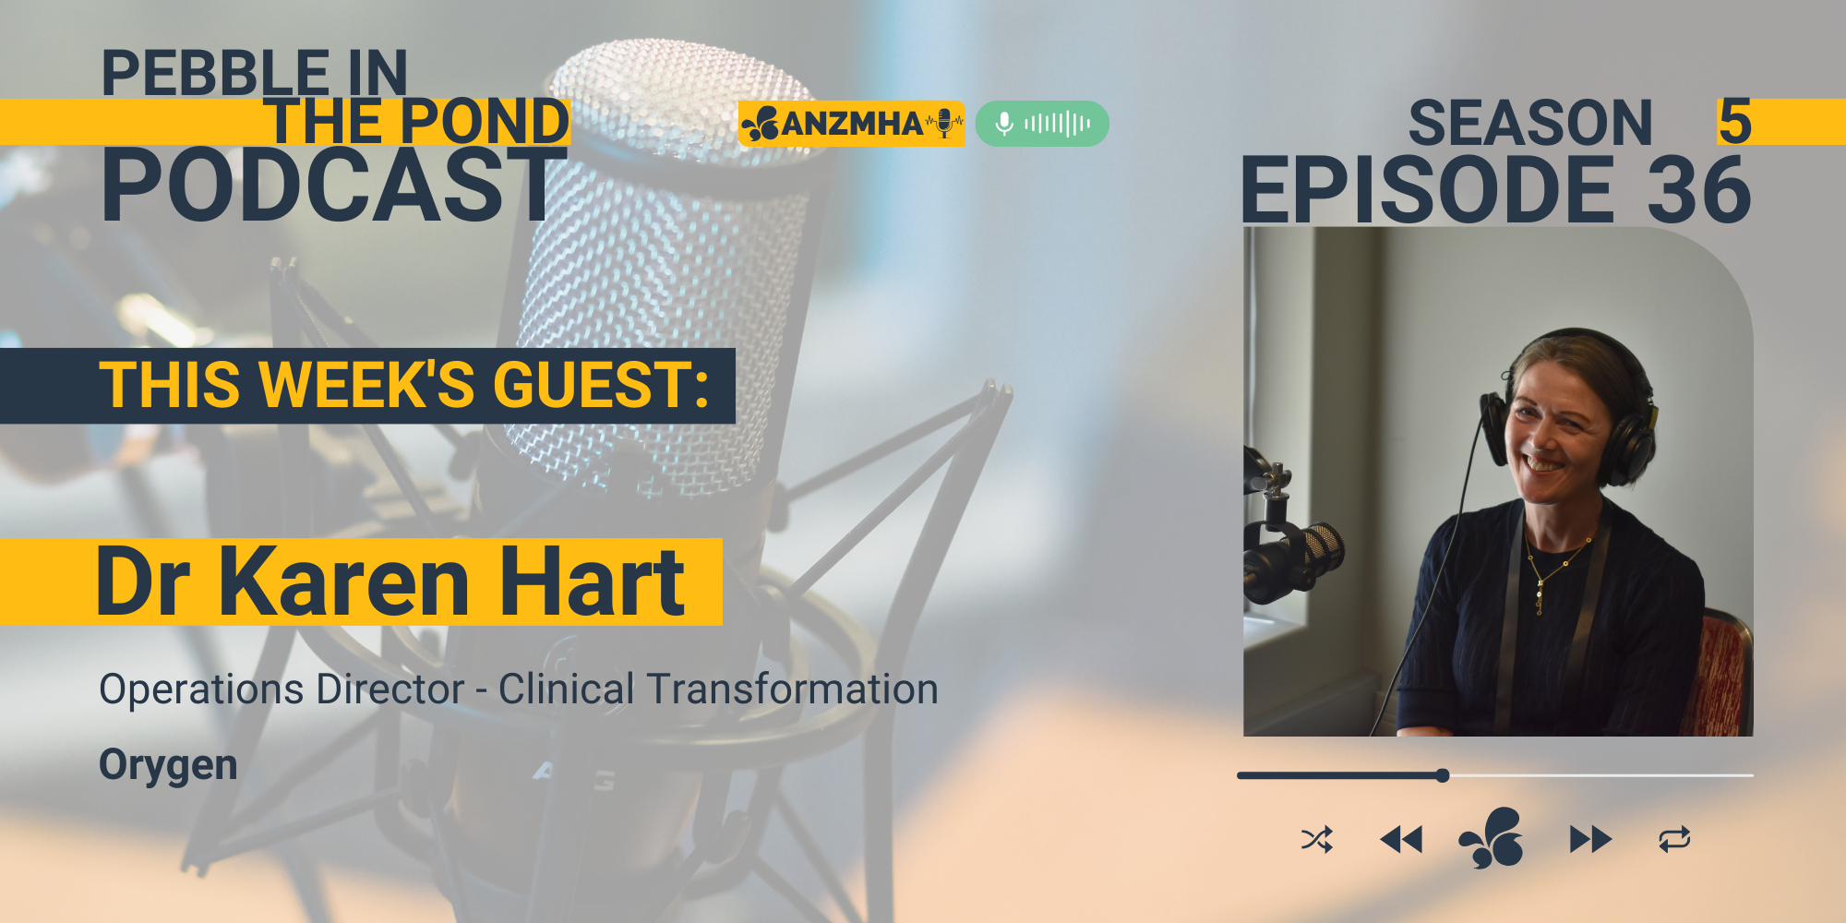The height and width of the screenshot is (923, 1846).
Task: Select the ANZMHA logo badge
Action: pos(851,124)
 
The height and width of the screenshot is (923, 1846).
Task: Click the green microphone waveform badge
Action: pos(1042,124)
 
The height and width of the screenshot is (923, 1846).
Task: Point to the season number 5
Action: pos(1734,122)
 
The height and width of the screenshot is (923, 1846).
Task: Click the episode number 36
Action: pos(1699,190)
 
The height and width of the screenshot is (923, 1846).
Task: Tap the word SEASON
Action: pos(1530,123)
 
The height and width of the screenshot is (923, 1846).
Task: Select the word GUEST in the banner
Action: pos(601,385)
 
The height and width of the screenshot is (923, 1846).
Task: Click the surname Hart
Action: pos(593,581)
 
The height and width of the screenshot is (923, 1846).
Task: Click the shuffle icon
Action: pos(1316,840)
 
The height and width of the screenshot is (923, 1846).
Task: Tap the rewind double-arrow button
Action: pos(1401,840)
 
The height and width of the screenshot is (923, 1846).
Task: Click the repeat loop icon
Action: pos(1674,840)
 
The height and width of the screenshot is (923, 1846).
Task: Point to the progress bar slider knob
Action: pos(1443,775)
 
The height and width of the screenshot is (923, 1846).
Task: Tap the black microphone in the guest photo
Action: pos(1292,558)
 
